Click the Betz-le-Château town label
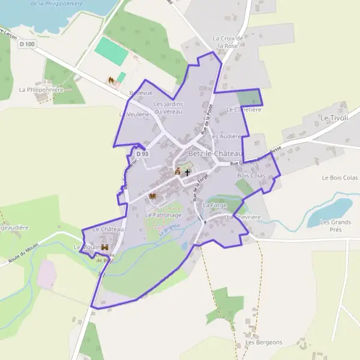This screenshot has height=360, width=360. pyautogui.click(x=214, y=154)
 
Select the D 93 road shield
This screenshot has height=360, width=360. pyautogui.click(x=142, y=154)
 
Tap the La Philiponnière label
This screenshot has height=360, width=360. pyautogui.click(x=41, y=90)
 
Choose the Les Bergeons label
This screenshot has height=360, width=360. pyautogui.click(x=263, y=343)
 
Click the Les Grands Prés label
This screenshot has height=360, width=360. pyautogui.click(x=335, y=225)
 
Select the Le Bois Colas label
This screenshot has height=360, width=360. pyautogui.click(x=339, y=178)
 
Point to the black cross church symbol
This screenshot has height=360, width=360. pyautogui.click(x=187, y=172)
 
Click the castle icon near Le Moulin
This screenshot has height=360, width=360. pyautogui.click(x=104, y=247)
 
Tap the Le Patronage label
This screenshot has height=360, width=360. pyautogui.click(x=163, y=215)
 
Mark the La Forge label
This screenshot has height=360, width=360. pyautogui.click(x=214, y=205)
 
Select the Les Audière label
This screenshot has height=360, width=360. pyautogui.click(x=225, y=136)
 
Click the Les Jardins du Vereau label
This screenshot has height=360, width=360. pyautogui.click(x=169, y=107)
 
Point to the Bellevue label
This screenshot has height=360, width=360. pyautogui.click(x=141, y=93)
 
